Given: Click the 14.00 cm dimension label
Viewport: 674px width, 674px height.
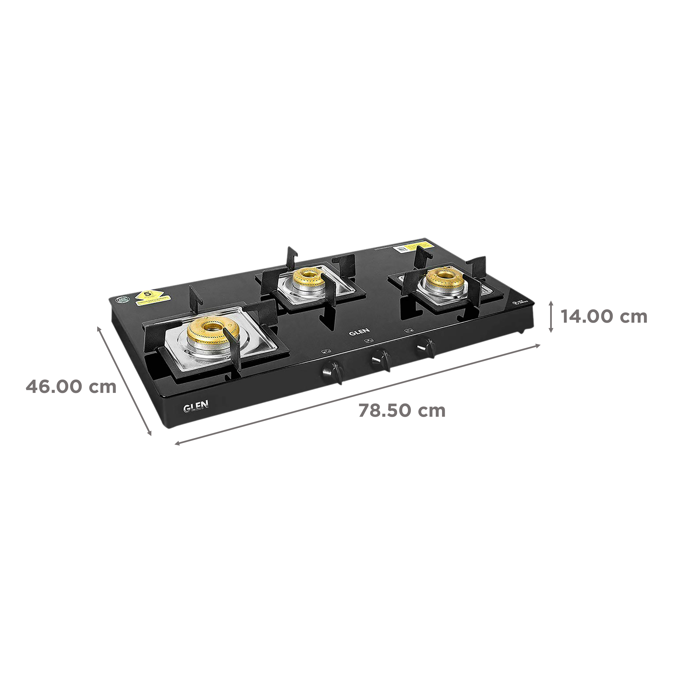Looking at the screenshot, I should click(x=603, y=317).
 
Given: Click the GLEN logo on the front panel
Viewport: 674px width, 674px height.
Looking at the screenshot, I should click(x=196, y=406).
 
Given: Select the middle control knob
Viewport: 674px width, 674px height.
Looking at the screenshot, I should click(x=380, y=357).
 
